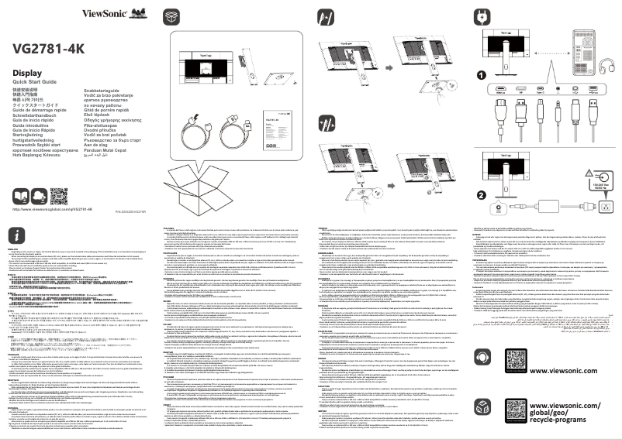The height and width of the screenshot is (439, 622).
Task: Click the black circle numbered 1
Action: (x=482, y=75)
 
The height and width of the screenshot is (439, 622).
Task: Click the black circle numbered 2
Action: (x=482, y=195)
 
